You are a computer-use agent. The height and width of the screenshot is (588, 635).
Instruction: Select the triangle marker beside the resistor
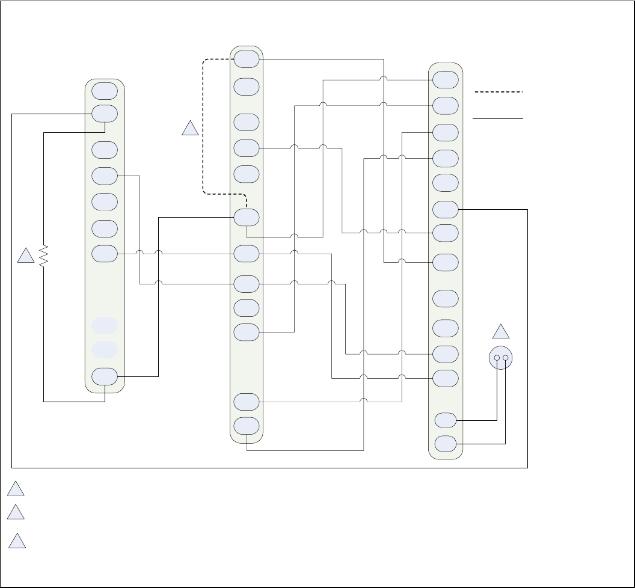point(25,257)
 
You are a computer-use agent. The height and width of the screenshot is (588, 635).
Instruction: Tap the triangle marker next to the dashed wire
point(190,129)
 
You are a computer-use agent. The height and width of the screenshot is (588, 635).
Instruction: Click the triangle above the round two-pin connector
point(501,332)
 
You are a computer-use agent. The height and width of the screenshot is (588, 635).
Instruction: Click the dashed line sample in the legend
point(498,92)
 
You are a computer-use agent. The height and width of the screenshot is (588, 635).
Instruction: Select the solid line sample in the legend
point(498,119)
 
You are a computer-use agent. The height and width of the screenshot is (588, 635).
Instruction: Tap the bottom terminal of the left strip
point(105,376)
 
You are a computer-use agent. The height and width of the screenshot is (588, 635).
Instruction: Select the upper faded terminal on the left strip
point(105,325)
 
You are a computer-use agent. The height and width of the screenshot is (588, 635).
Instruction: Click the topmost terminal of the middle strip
point(247,59)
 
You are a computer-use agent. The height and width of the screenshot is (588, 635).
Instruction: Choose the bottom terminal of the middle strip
point(247,426)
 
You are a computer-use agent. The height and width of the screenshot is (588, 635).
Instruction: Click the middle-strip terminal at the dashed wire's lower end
point(247,217)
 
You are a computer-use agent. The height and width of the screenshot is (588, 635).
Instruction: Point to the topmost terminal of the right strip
point(445,79)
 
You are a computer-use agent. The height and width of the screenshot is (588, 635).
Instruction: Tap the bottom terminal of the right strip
point(445,444)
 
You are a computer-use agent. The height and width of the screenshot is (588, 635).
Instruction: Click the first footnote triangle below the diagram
point(17,489)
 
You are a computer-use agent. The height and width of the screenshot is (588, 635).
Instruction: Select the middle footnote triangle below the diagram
point(17,513)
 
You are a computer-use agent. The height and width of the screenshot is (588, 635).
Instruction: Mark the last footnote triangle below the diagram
point(18,541)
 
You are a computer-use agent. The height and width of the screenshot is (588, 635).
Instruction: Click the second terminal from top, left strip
point(105,113)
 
